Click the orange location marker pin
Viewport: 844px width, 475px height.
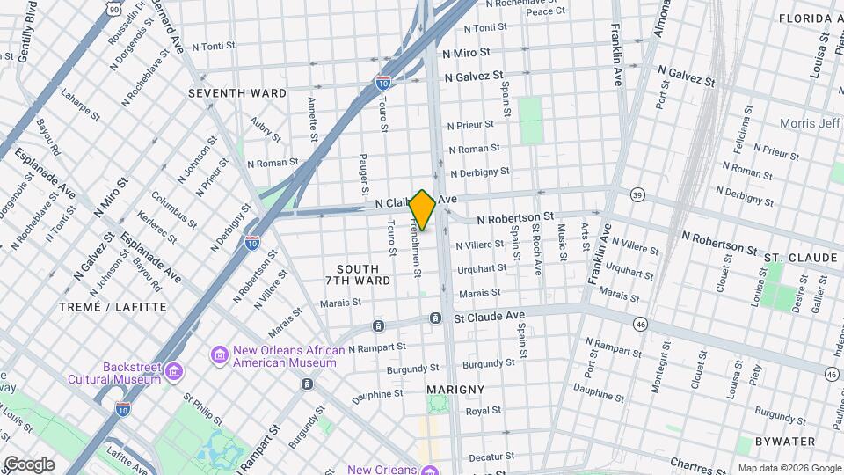click(423, 209)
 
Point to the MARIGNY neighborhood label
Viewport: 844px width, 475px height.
click(455, 389)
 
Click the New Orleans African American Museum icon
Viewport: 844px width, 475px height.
click(220, 354)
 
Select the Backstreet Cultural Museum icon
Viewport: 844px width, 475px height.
click(174, 372)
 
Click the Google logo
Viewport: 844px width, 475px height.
click(28, 464)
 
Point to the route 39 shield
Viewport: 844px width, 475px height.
click(637, 194)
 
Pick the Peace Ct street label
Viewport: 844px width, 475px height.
click(546, 11)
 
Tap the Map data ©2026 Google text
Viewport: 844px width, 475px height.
click(789, 468)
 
